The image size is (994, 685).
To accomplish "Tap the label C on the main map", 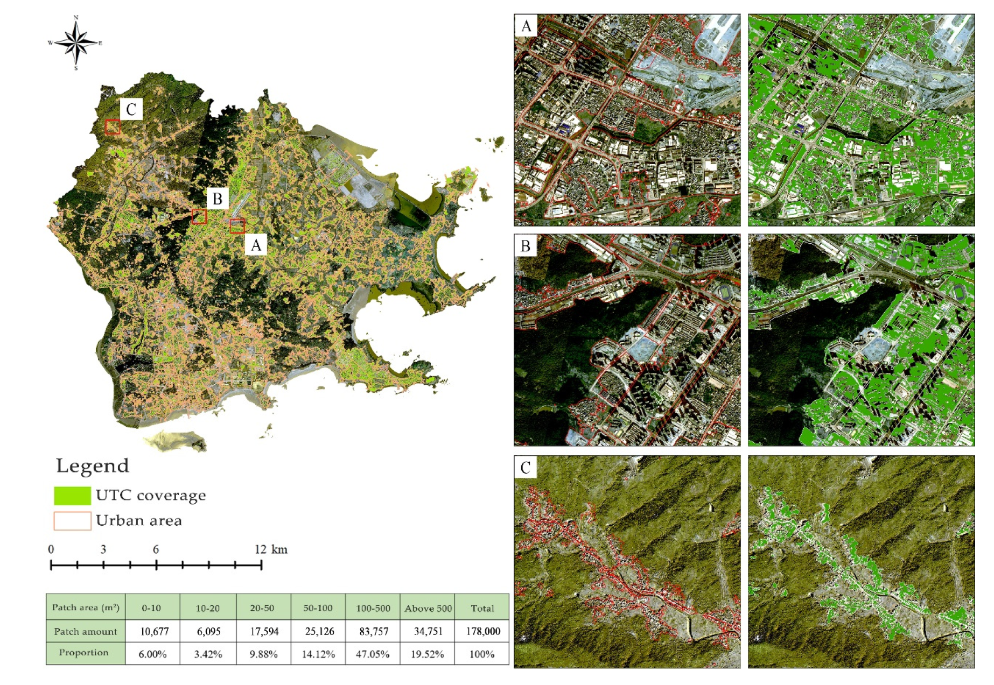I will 131,109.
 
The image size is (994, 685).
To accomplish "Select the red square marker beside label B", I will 199,216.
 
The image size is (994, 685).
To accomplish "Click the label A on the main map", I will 256,245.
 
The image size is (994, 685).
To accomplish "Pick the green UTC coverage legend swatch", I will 72,496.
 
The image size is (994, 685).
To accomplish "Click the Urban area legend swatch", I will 72,521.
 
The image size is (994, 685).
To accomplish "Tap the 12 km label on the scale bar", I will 271,549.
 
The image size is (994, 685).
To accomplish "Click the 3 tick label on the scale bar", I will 103,549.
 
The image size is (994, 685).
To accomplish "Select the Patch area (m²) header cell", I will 86,608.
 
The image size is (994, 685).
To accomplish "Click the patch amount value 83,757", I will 374,631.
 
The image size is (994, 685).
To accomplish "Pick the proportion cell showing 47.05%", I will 373,654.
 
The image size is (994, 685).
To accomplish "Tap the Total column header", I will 482,608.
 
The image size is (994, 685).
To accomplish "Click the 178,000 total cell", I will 482,631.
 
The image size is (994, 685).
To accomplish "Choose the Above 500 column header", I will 428,608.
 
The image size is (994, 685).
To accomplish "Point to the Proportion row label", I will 83,653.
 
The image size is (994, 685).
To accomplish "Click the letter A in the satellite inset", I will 526,26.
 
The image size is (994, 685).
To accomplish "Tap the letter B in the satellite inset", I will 526,246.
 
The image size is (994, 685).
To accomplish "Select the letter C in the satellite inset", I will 526,468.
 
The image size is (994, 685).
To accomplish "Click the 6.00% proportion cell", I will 153,654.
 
